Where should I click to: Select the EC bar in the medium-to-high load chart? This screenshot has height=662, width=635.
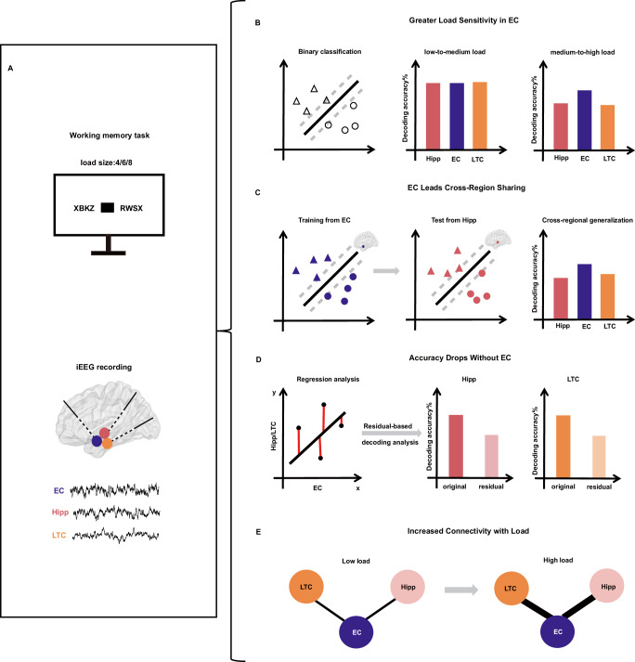558,117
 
